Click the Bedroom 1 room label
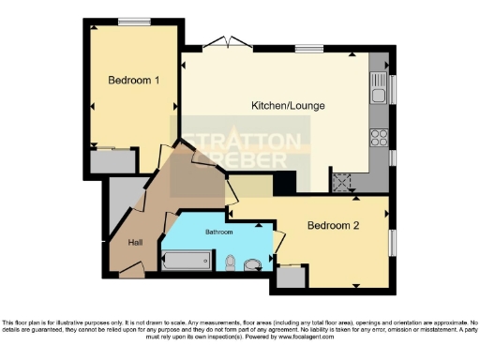point(132,81)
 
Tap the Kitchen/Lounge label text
point(288,106)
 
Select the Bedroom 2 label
point(333,225)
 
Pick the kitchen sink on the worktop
point(381,93)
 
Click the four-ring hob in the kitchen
point(380,139)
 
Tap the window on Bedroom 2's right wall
point(393,241)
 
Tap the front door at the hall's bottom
point(132,271)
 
